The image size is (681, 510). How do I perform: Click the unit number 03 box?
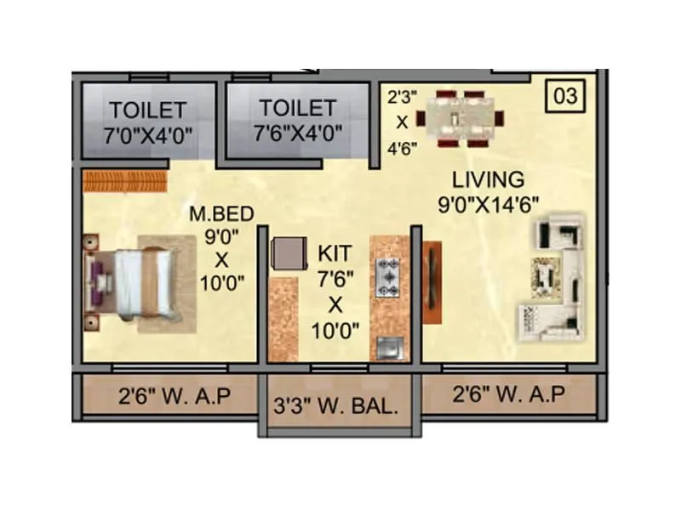pos(564,95)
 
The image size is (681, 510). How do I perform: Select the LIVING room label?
pos(488,180)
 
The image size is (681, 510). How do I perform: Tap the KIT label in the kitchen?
pos(334,253)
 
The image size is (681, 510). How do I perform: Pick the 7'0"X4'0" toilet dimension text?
pos(147,134)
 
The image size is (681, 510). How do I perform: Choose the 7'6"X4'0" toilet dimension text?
pos(298,133)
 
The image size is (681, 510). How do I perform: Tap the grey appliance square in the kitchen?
pos(287,252)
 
